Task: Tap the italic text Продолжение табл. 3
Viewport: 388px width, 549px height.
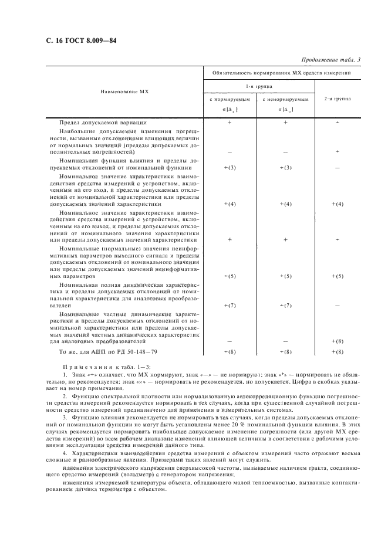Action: click(330, 59)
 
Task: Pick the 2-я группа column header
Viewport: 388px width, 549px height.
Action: click(337, 99)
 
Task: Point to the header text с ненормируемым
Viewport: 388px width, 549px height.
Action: click(285, 100)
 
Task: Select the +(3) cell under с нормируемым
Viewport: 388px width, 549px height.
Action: click(230, 168)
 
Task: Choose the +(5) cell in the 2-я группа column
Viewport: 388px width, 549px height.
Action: click(337, 276)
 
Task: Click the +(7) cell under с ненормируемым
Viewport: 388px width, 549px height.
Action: click(285, 306)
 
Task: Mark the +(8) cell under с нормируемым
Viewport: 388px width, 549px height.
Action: click(230, 351)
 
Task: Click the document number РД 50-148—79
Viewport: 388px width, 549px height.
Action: click(126, 351)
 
